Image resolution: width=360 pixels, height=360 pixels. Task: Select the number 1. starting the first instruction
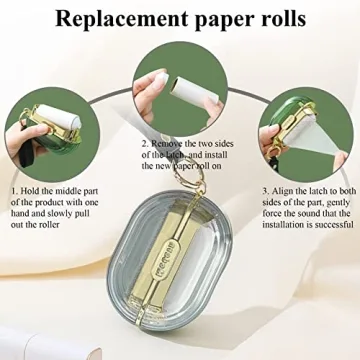pos(14,191)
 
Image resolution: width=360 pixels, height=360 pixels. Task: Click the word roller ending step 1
pos(48,224)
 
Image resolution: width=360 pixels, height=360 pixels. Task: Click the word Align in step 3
pos(281,192)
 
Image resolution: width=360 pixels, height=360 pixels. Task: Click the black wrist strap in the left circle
pos(27,152)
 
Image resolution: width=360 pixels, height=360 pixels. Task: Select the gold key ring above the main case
pos(192,175)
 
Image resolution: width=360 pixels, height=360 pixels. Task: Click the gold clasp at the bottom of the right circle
pos(274,154)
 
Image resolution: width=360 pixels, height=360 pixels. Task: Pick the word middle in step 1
pos(67,191)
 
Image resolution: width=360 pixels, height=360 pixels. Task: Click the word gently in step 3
pos(338,203)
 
